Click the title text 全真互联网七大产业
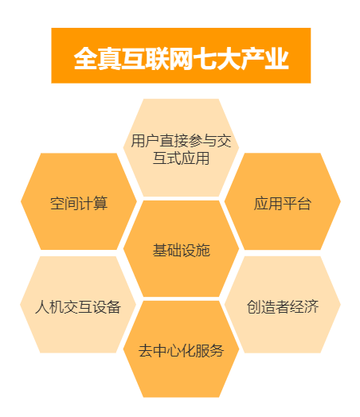[182, 59]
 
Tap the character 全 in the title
[85, 59]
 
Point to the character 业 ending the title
[277, 59]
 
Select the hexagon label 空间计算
[79, 204]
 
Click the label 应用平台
[282, 204]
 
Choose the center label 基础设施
[182, 250]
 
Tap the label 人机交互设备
[78, 307]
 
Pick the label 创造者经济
[283, 307]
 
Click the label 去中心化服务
[182, 351]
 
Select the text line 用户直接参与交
[182, 141]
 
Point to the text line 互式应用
[182, 158]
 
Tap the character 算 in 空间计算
[100, 204]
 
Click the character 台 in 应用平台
[304, 204]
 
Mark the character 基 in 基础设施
[159, 250]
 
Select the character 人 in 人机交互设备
[42, 307]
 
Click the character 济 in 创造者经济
[311, 307]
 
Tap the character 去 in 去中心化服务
[146, 351]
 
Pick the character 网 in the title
[182, 59]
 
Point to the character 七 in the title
[205, 59]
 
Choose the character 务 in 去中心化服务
[217, 351]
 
